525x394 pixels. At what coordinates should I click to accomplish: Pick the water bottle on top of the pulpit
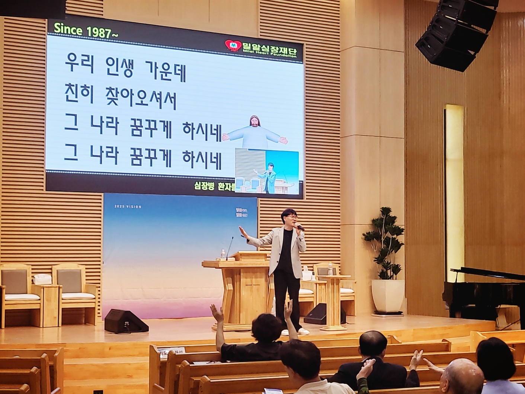(223, 254)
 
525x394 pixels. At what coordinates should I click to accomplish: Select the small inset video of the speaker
(266, 172)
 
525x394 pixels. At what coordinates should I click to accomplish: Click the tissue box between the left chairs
(44, 278)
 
